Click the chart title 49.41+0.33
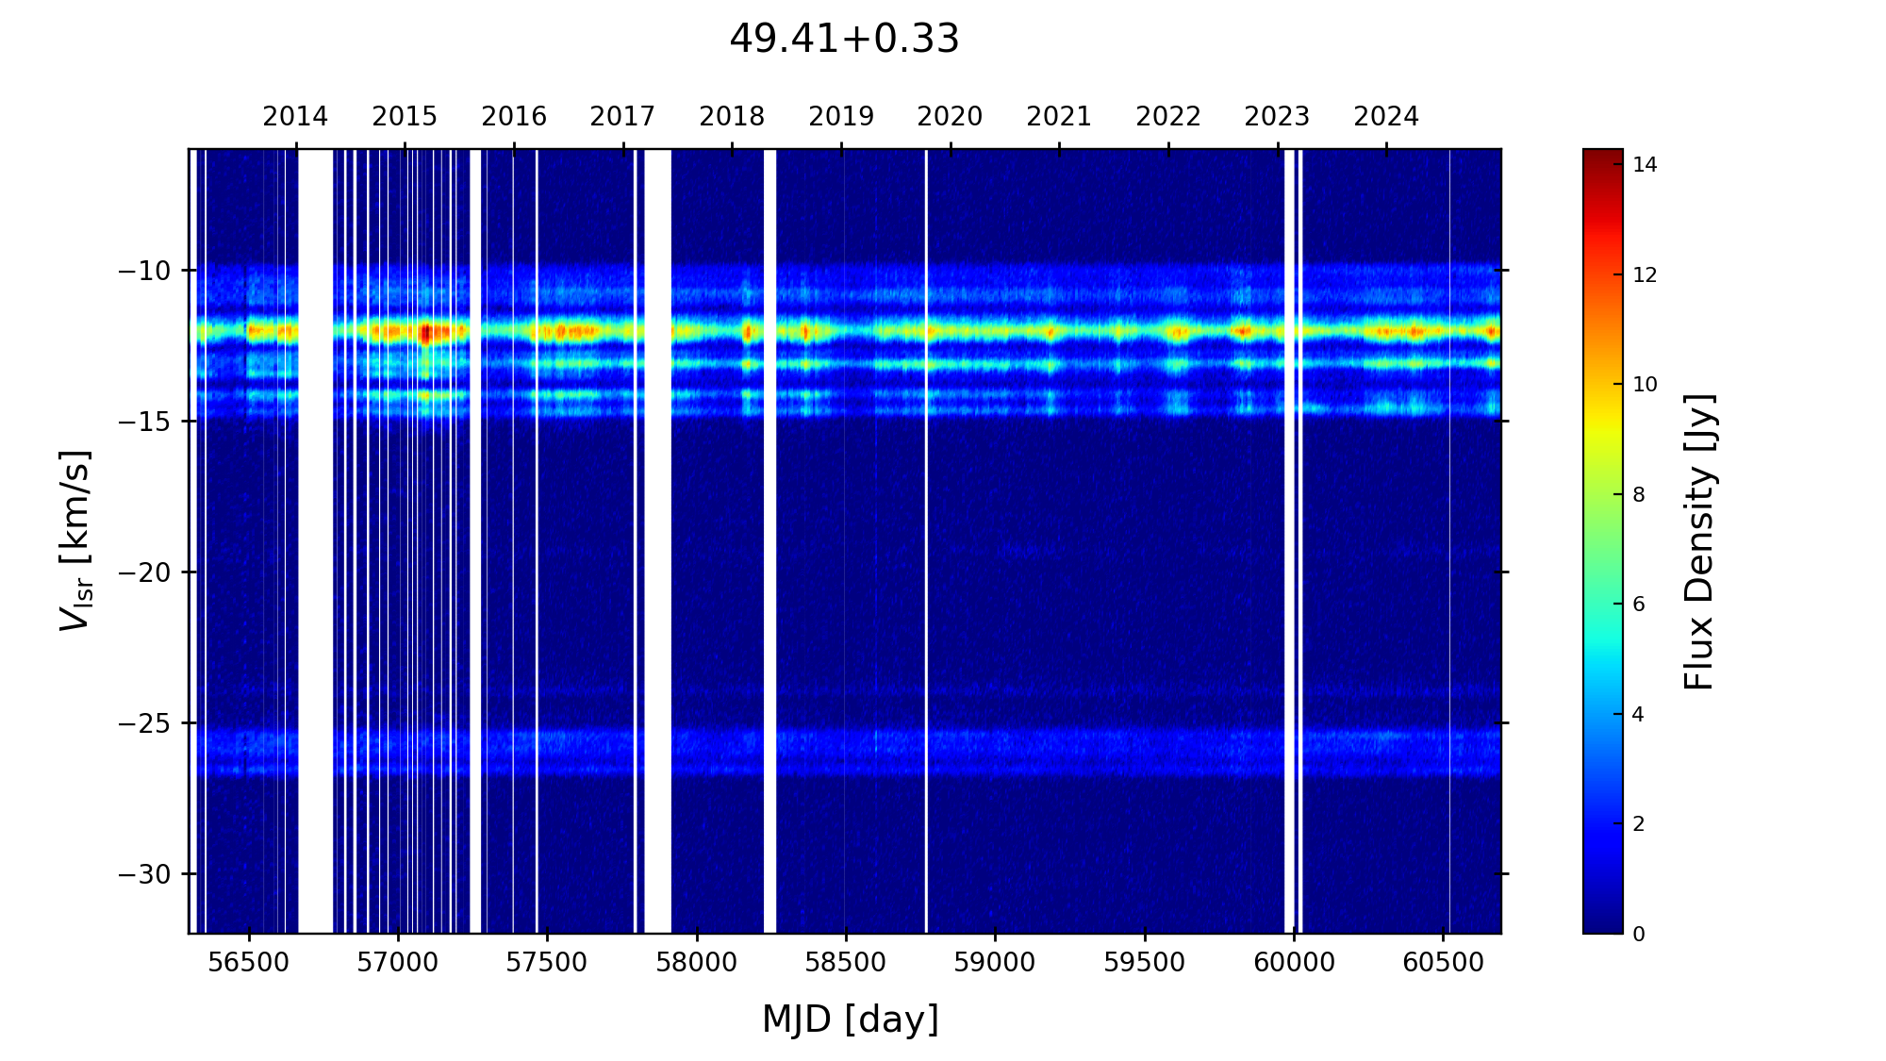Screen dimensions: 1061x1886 [844, 40]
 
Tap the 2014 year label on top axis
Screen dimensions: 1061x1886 [295, 117]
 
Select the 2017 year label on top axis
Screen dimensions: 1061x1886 [622, 117]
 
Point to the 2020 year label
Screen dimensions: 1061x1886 [950, 117]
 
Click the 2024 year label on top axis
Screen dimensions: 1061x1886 [1386, 117]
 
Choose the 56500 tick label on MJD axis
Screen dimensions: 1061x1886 [248, 963]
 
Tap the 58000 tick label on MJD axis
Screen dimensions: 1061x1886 [697, 963]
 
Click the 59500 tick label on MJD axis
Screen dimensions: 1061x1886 [1145, 963]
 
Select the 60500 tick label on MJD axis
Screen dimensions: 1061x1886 [1443, 963]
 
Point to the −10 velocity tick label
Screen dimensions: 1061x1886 [144, 271]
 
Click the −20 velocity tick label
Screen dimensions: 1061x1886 [144, 572]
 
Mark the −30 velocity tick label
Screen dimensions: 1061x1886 [144, 874]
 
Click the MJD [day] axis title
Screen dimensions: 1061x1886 [850, 1020]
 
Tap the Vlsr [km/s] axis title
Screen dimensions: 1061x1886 [75, 540]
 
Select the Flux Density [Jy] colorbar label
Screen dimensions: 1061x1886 [1699, 541]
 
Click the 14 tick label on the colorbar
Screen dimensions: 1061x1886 [1645, 165]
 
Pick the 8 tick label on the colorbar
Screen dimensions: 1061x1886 [1639, 495]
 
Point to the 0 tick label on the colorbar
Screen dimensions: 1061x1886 [1639, 934]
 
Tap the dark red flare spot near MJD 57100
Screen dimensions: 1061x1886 [425, 332]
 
